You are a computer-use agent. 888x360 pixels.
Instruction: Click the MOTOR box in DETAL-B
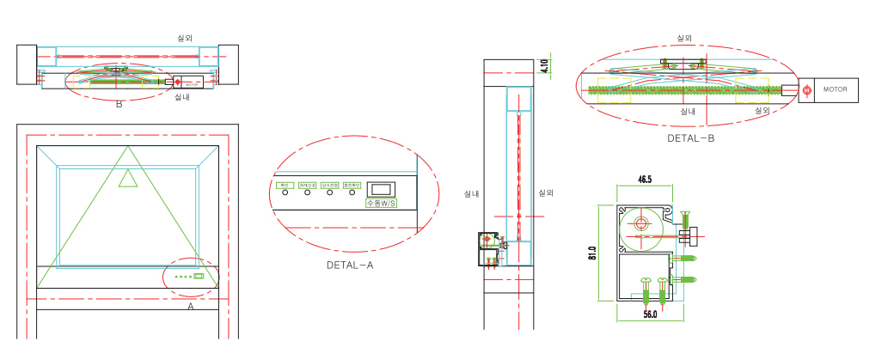830,89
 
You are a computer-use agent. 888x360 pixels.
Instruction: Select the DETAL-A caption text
350,265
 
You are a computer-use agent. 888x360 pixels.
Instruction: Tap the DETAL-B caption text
690,137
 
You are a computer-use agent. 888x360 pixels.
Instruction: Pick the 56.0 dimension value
650,315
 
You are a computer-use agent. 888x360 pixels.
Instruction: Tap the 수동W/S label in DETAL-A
379,204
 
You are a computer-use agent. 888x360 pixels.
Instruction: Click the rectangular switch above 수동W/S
379,188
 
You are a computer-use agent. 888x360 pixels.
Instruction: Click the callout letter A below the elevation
191,305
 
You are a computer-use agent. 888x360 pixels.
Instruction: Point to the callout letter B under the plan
119,105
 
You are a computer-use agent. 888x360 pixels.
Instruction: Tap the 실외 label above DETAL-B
684,38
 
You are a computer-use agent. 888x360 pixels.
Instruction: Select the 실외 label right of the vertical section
545,193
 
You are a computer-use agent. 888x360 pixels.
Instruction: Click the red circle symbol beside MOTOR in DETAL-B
806,90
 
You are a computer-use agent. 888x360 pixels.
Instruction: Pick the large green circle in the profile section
640,223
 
